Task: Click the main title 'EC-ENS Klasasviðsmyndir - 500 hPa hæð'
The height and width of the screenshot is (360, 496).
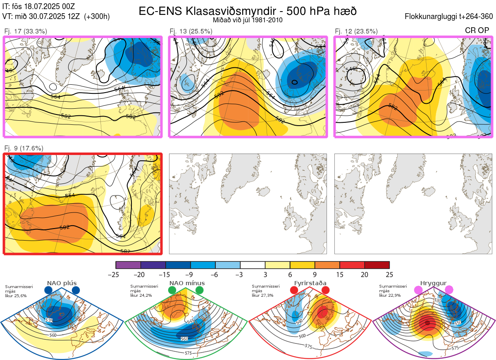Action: click(248, 11)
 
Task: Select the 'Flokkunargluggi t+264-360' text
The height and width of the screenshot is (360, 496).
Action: click(450, 17)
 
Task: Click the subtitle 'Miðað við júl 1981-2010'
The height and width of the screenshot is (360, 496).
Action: click(248, 20)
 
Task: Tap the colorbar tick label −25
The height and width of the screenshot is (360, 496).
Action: click(116, 274)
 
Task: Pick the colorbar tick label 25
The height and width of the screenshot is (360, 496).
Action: click(389, 274)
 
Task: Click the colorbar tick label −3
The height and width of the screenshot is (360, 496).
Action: click(240, 274)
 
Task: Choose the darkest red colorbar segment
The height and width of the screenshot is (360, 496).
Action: click(377, 265)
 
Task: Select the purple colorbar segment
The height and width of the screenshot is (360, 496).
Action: click(128, 265)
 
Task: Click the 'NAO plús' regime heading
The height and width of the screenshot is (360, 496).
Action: click(62, 283)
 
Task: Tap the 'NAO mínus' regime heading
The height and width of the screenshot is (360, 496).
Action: click(187, 283)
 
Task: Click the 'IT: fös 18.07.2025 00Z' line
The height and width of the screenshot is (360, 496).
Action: click(38, 6)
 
